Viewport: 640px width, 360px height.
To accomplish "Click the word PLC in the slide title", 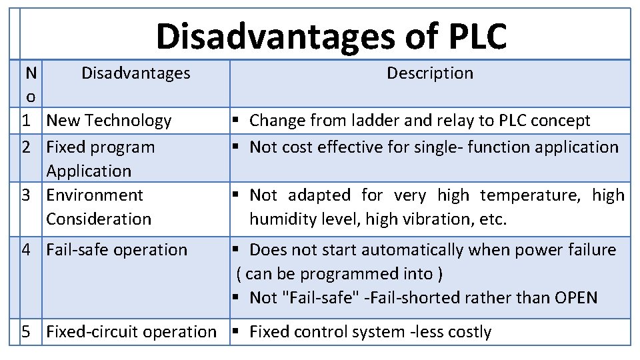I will pos(475,36).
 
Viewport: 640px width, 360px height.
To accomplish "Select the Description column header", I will pos(430,73).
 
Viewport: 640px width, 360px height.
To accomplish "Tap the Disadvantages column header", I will pos(136,73).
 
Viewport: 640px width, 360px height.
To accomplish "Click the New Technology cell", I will pos(109,121).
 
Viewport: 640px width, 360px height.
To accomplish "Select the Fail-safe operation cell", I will pos(117,250).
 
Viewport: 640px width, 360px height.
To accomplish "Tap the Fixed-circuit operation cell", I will pos(131,332).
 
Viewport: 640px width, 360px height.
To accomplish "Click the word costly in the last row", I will pos(469,332).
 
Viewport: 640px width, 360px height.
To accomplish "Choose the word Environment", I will pos(95,195).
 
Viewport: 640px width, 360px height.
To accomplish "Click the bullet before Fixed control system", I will pos(236,332).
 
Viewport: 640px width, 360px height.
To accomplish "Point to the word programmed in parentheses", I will pos(346,274).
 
